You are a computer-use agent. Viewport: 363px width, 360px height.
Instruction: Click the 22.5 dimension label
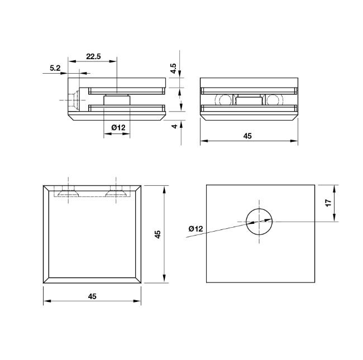93,56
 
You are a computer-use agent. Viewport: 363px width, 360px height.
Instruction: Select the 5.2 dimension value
55,68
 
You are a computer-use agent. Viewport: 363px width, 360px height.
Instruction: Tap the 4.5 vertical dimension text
173,69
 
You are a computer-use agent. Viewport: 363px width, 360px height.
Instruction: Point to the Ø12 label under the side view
118,127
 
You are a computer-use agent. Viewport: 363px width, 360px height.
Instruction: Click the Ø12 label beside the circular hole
195,229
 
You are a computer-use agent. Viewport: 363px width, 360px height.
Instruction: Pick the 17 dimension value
328,203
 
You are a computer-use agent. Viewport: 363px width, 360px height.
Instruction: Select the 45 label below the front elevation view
247,136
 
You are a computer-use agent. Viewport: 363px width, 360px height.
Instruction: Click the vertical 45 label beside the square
157,234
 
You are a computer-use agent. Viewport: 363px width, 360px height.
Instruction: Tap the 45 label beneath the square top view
92,296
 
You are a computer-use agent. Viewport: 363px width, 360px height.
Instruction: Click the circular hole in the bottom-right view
259,222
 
